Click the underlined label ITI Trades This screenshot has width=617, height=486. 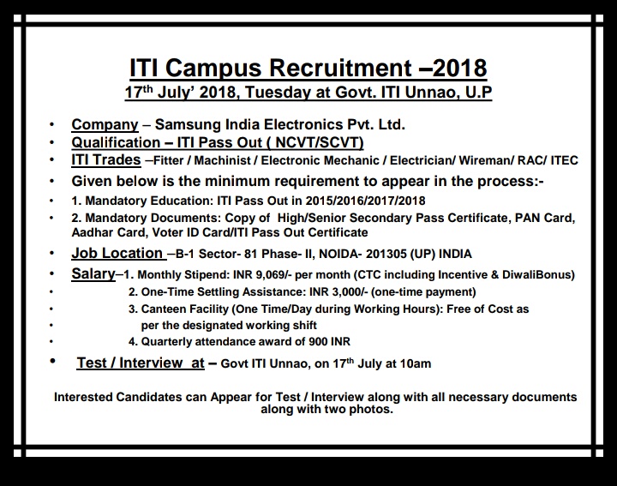pos(106,160)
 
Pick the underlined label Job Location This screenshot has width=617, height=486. pos(117,253)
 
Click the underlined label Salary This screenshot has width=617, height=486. pos(93,274)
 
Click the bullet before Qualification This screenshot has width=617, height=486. pos(53,142)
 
